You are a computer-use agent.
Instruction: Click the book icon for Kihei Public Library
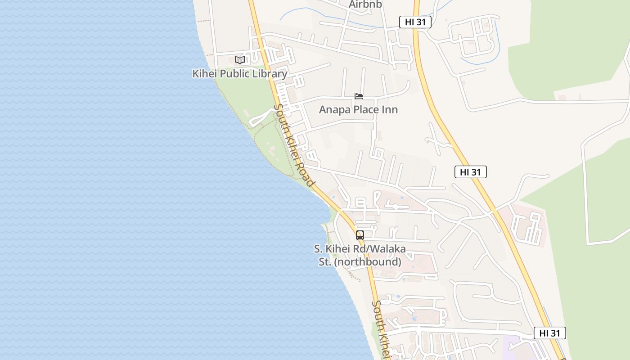pyautogui.click(x=239, y=60)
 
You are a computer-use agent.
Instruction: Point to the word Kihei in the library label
pyautogui.click(x=204, y=74)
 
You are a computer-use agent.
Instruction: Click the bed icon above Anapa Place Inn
pyautogui.click(x=359, y=96)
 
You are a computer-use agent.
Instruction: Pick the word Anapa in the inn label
pyautogui.click(x=333, y=109)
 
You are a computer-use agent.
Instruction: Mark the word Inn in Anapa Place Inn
pyautogui.click(x=390, y=109)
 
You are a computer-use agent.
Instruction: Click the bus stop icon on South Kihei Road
pyautogui.click(x=360, y=235)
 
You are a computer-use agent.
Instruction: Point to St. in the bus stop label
pyautogui.click(x=324, y=262)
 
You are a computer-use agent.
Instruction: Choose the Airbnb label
pyautogui.click(x=365, y=4)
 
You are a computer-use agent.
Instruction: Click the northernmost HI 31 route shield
pyautogui.click(x=415, y=22)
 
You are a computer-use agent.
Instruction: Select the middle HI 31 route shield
pyautogui.click(x=470, y=172)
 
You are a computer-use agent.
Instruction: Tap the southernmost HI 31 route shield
pyautogui.click(x=549, y=333)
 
